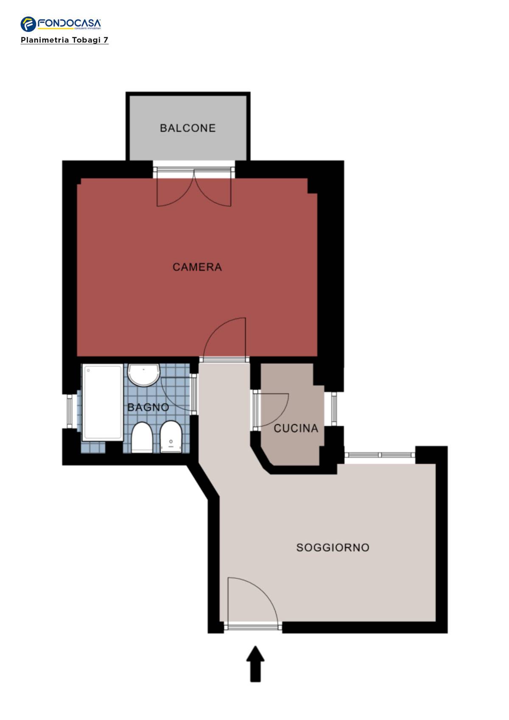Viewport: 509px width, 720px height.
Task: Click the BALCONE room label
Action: click(x=187, y=128)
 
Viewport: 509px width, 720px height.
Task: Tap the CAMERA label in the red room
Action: click(x=197, y=267)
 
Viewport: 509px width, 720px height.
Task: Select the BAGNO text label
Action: click(x=148, y=408)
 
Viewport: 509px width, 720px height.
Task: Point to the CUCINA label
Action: click(x=296, y=429)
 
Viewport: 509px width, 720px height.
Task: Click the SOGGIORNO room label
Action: click(x=333, y=548)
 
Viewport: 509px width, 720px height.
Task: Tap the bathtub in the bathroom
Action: click(x=103, y=403)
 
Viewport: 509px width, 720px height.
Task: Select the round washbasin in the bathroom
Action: click(x=144, y=375)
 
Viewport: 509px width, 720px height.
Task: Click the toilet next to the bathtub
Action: click(x=142, y=437)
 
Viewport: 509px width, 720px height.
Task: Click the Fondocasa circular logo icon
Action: click(x=28, y=24)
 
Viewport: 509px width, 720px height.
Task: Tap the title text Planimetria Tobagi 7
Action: click(x=64, y=40)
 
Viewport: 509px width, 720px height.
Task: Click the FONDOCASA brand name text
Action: click(x=70, y=23)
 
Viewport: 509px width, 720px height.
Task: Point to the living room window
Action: click(x=380, y=455)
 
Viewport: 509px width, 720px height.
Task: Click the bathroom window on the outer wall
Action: click(x=70, y=412)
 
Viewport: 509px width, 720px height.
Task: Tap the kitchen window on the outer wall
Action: click(x=334, y=409)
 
